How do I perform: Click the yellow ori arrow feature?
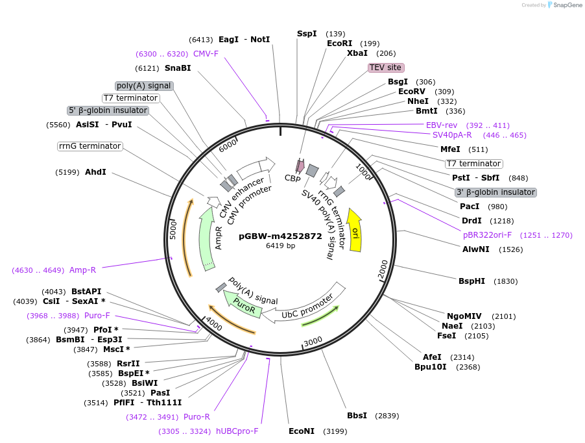pyautogui.click(x=355, y=231)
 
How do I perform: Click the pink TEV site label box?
pyautogui.click(x=386, y=68)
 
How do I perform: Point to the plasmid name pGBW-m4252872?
pyautogui.click(x=280, y=236)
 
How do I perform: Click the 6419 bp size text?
pyautogui.click(x=280, y=246)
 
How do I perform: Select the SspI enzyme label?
pyautogui.click(x=307, y=34)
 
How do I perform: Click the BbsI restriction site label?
pyautogui.click(x=357, y=416)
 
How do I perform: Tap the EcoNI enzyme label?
pyautogui.click(x=301, y=431)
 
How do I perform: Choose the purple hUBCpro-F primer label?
pyautogui.click(x=237, y=431)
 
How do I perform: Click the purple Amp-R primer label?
pyautogui.click(x=82, y=270)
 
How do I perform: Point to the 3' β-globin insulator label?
pyautogui.click(x=495, y=192)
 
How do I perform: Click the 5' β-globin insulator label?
pyautogui.click(x=108, y=110)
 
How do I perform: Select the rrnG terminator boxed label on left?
pyautogui.click(x=90, y=146)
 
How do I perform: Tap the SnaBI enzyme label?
pyautogui.click(x=178, y=68)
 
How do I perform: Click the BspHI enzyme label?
pyautogui.click(x=472, y=281)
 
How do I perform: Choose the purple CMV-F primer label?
pyautogui.click(x=206, y=54)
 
